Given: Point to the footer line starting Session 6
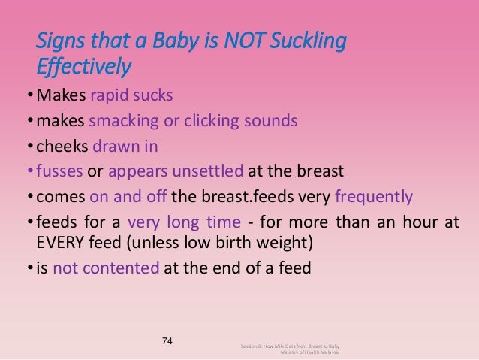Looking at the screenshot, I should tap(290, 345).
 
